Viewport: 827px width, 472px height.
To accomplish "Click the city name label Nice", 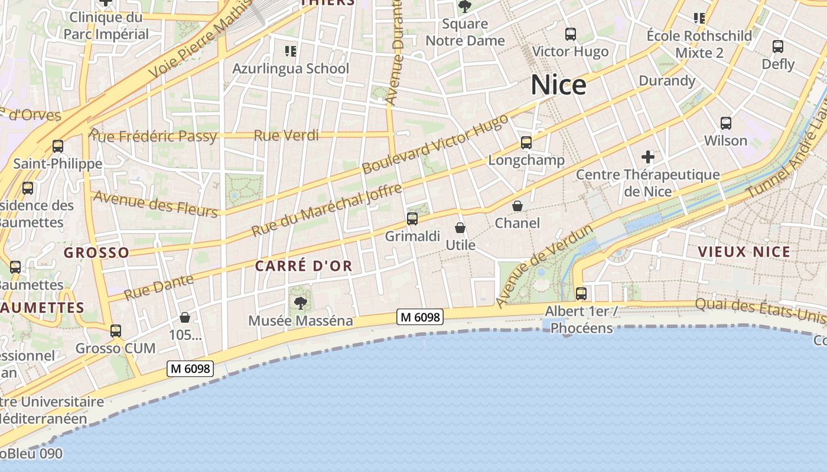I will click(558, 85).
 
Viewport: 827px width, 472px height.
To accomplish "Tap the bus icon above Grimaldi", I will click(412, 219).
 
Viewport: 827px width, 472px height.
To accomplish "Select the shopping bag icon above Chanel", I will click(517, 206).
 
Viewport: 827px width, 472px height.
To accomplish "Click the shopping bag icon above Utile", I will click(460, 227).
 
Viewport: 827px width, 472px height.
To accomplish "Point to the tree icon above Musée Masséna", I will click(301, 303).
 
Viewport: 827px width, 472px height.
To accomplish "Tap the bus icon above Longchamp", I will click(526, 142).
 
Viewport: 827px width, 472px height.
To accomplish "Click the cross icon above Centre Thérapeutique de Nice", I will click(648, 157).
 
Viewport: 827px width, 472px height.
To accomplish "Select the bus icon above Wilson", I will click(726, 123).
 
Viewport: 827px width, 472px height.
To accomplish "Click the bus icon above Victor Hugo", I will click(570, 34).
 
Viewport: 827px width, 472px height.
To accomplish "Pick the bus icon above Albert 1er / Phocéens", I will click(581, 293).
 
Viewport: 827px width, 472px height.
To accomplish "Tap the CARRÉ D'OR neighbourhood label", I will click(304, 266).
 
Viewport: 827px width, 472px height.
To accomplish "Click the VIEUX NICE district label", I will click(744, 252).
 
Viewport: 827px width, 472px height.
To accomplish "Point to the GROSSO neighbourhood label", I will click(96, 253).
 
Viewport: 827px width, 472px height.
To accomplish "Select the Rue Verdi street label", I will click(286, 136).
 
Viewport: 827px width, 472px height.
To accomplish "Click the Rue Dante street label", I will click(159, 286).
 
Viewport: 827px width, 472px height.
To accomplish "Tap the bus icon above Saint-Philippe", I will click(58, 146).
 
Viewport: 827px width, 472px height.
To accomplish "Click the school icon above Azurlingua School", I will click(291, 51).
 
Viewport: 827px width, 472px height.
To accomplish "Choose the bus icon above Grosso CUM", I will click(116, 330).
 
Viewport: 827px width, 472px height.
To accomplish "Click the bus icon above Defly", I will click(778, 46).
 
